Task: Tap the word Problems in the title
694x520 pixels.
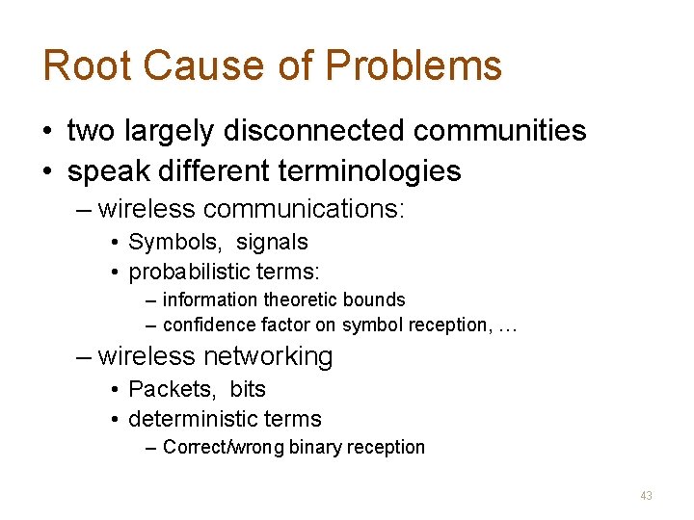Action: coord(414,66)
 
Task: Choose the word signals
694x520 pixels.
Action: coord(272,242)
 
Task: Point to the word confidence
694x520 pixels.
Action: coord(205,325)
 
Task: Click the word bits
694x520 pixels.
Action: coord(248,389)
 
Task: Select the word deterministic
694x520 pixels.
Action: coord(189,419)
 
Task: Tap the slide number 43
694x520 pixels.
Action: coord(646,495)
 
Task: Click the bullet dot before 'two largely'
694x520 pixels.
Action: coord(48,131)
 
